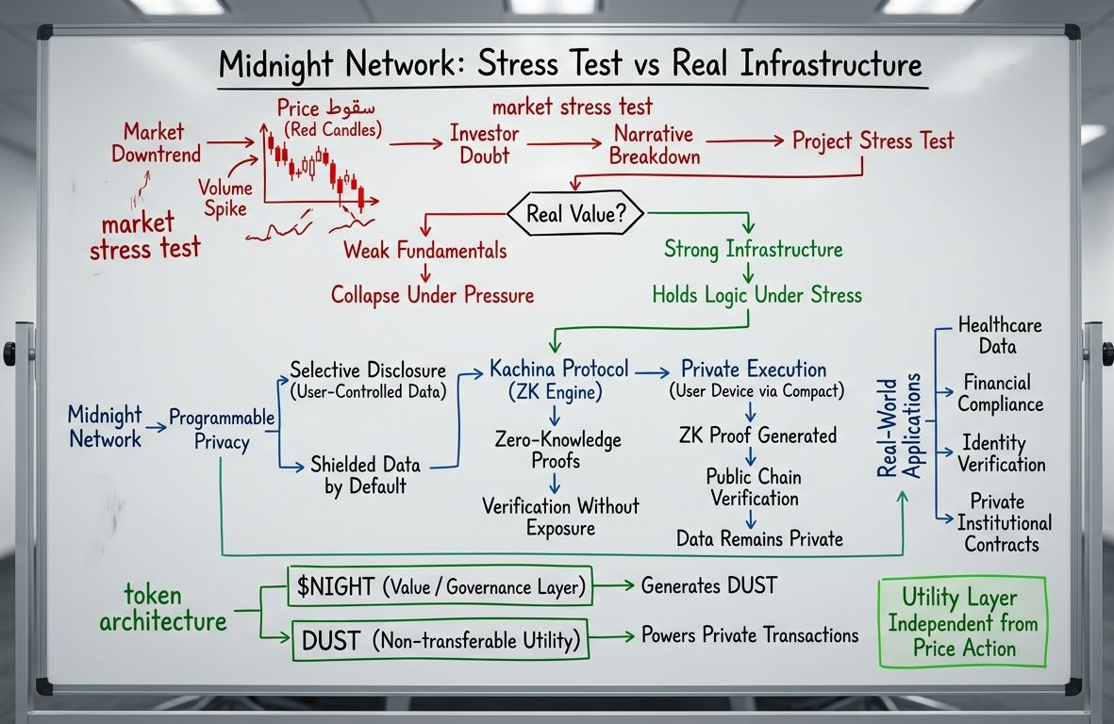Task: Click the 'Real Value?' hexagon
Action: [x=575, y=214]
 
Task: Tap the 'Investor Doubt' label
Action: [x=484, y=144]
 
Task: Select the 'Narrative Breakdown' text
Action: [x=654, y=144]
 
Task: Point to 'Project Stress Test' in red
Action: [x=873, y=141]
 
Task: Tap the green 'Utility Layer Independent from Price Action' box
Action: [x=963, y=622]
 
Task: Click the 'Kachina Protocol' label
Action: [x=558, y=369]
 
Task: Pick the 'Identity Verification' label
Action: [x=1001, y=453]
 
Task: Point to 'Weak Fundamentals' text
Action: [x=424, y=251]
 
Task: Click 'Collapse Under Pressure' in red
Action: [x=432, y=295]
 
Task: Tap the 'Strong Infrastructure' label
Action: [x=753, y=250]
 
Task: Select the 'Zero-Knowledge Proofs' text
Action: [x=557, y=450]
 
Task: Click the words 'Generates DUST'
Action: [x=708, y=585]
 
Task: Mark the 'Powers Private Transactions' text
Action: [x=750, y=634]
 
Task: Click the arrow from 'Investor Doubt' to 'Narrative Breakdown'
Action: [x=564, y=144]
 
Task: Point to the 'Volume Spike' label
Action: [x=222, y=196]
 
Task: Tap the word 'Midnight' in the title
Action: [x=280, y=67]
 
